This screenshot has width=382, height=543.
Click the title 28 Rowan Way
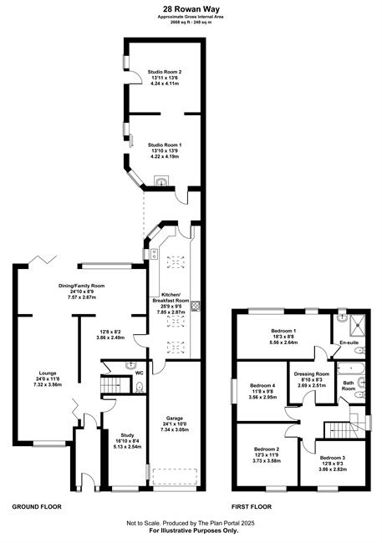coord(191,9)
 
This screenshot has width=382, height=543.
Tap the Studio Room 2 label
coord(165,72)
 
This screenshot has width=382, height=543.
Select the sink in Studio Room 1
coord(161,181)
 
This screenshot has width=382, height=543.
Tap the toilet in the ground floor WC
coord(140,387)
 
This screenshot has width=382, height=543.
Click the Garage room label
coord(174,419)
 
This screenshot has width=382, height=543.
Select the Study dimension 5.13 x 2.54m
coord(127,447)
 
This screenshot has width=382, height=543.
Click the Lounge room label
coord(48,373)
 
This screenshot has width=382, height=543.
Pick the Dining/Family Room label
coord(81,286)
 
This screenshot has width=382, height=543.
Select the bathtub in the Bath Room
coord(351,368)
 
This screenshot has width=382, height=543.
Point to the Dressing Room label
coord(311,374)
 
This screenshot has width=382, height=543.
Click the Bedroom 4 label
coord(262,385)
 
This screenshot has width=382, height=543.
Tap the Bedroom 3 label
coord(333,458)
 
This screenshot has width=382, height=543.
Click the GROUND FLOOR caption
coord(37,506)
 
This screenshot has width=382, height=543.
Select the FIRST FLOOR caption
coord(252,506)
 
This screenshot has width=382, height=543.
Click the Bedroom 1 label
coord(283,331)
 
